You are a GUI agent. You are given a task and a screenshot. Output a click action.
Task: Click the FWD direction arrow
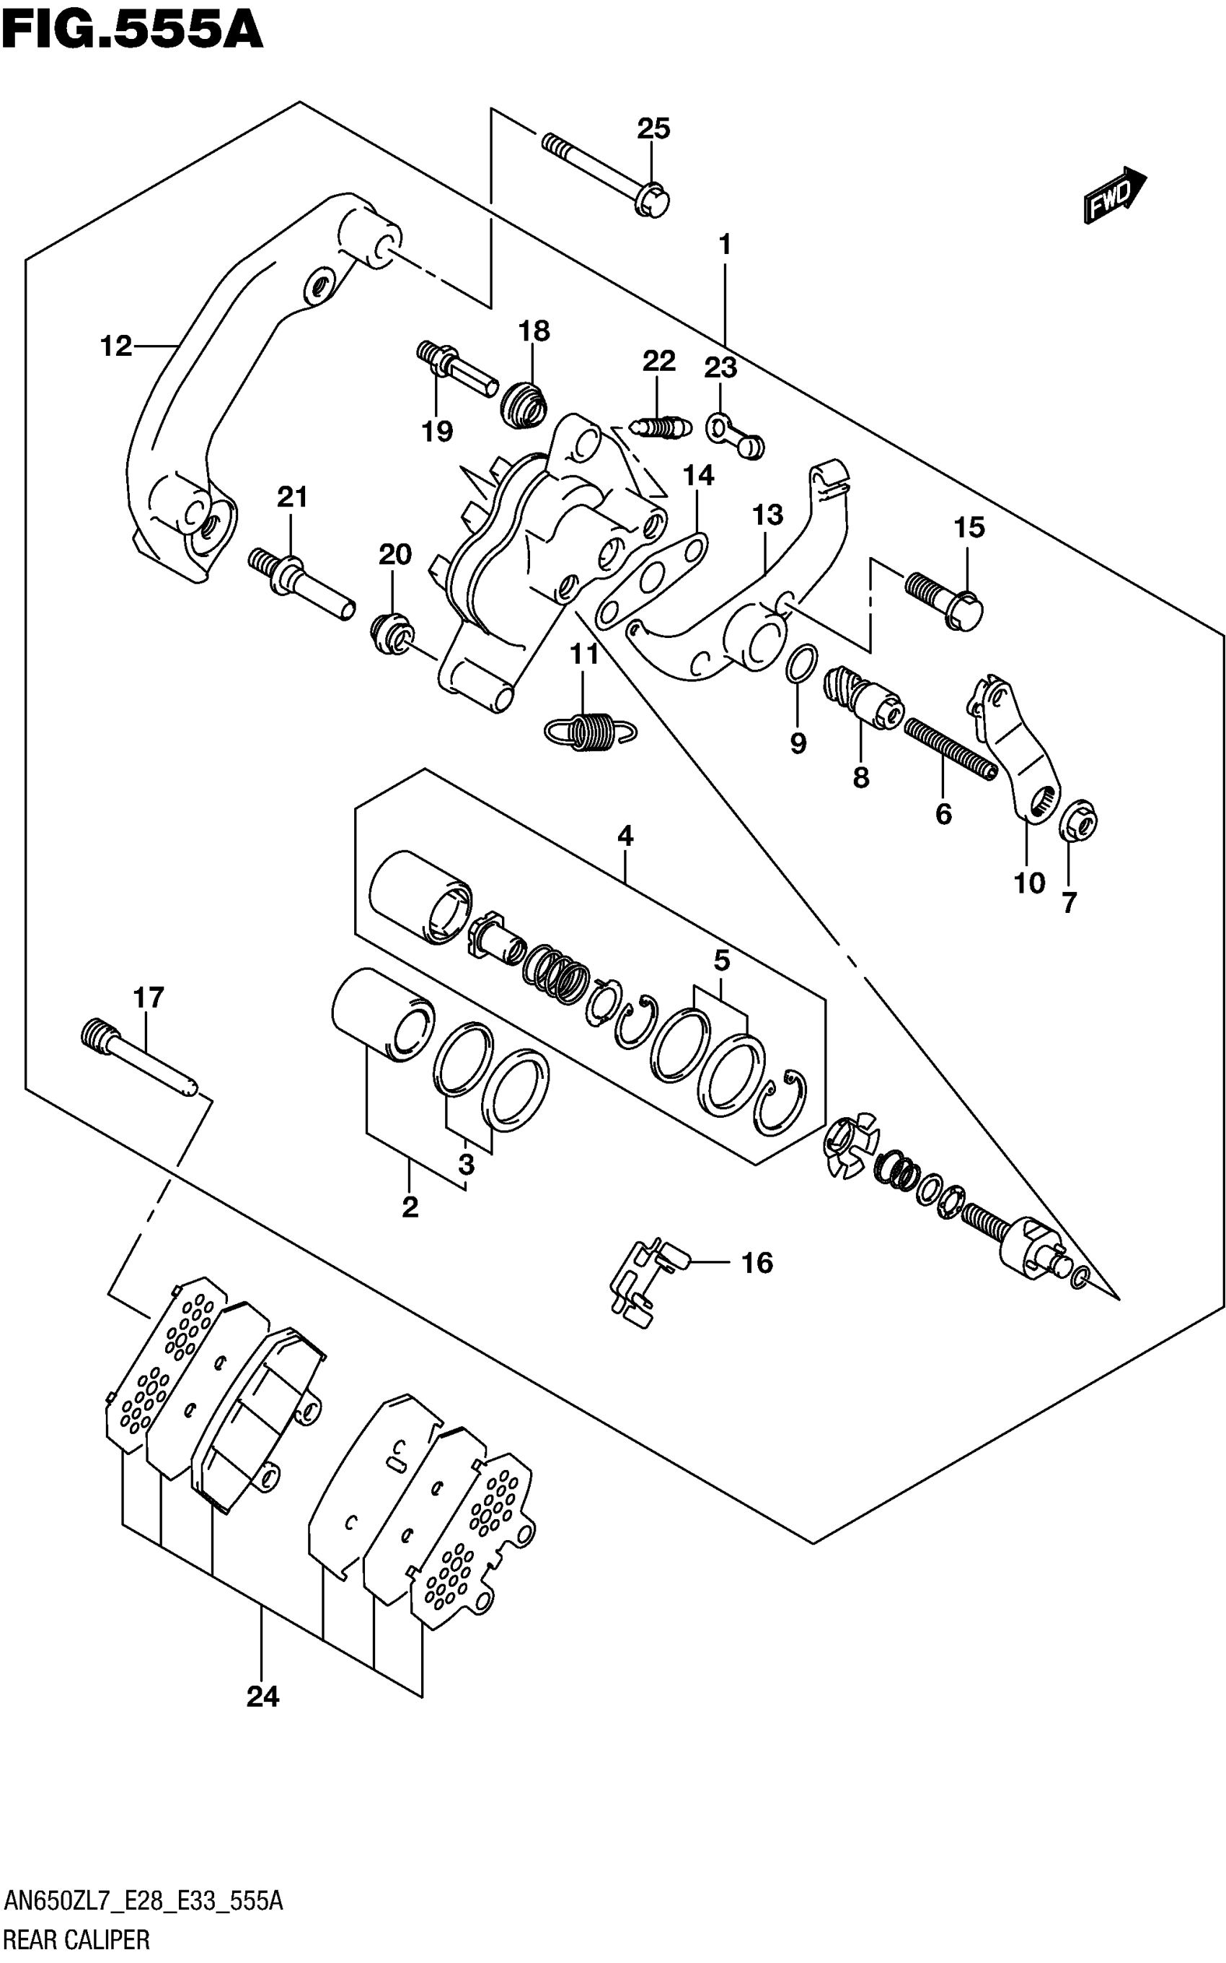click(x=1114, y=196)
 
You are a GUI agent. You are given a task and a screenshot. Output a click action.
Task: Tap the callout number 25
click(x=653, y=129)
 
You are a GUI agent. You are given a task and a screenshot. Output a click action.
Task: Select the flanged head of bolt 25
click(x=653, y=199)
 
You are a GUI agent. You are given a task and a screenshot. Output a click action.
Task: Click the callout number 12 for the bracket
click(x=116, y=346)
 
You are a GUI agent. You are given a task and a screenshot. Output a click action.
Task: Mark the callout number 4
click(x=625, y=836)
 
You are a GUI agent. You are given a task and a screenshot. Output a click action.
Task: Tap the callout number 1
click(x=725, y=244)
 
